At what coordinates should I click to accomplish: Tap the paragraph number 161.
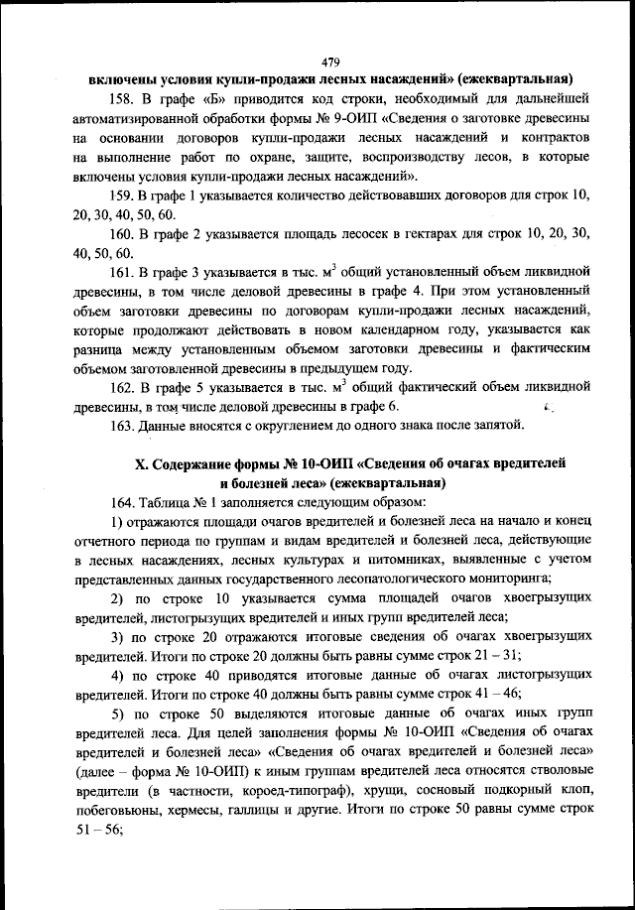click(x=122, y=270)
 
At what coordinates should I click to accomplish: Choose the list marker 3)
click(x=117, y=636)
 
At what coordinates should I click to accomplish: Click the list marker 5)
click(x=117, y=713)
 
